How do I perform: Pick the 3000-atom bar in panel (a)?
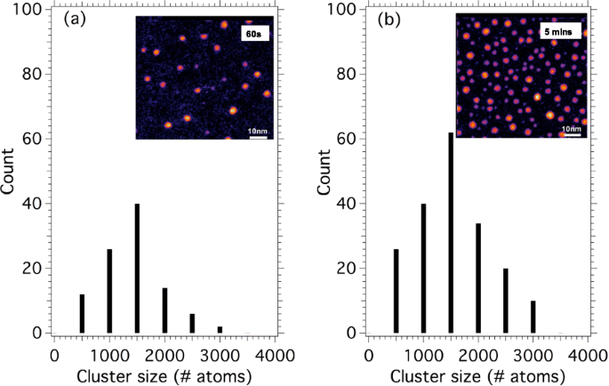(x=220, y=330)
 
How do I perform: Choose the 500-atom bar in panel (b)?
(x=396, y=293)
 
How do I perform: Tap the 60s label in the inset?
(x=254, y=33)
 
